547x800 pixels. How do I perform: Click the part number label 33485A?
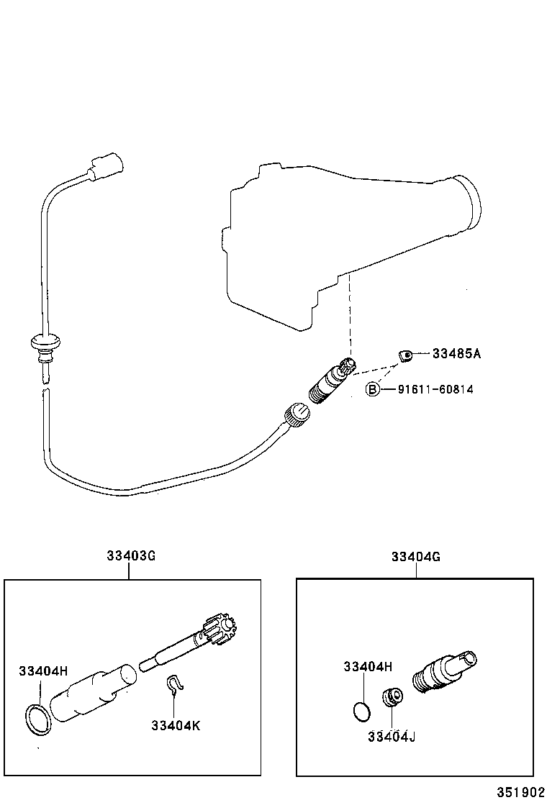[x=456, y=353]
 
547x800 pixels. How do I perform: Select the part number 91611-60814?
[x=435, y=389]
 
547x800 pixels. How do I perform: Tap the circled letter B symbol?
[x=372, y=389]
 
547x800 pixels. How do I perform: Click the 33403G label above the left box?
[x=131, y=556]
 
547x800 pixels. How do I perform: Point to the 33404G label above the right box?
[x=416, y=556]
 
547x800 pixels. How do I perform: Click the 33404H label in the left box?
[x=43, y=671]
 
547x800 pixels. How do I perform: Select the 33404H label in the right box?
[x=368, y=666]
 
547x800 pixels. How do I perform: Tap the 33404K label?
[x=176, y=724]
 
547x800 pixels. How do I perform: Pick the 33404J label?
[x=392, y=736]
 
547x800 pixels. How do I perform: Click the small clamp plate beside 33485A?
[x=406, y=353]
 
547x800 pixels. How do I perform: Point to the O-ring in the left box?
[x=38, y=719]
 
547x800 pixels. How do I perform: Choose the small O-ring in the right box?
[x=363, y=711]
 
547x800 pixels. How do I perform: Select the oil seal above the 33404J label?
[x=391, y=696]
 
